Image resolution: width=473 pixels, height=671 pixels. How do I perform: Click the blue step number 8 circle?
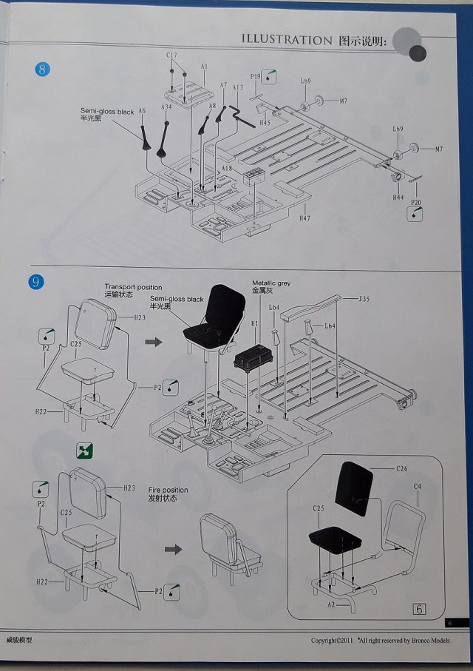[x=43, y=70]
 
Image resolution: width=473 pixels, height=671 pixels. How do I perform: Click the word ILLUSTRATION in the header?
[x=287, y=40]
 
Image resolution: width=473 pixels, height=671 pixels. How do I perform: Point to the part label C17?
[x=171, y=55]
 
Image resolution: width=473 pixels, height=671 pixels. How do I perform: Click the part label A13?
[x=237, y=87]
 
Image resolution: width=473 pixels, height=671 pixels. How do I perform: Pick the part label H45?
[x=265, y=123]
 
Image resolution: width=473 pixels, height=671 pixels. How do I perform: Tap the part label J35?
[x=364, y=300]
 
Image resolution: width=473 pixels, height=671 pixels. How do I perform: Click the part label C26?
[x=402, y=469]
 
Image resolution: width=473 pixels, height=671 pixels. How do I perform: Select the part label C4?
[x=418, y=486]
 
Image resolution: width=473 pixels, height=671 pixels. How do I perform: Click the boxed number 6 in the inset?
[x=419, y=609]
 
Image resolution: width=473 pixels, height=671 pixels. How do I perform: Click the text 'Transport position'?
[x=133, y=287]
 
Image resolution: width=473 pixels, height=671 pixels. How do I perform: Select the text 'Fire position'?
[x=168, y=490]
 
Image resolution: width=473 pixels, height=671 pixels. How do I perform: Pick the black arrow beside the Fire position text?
[x=173, y=550]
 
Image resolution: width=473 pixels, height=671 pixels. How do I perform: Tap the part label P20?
[x=416, y=201]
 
